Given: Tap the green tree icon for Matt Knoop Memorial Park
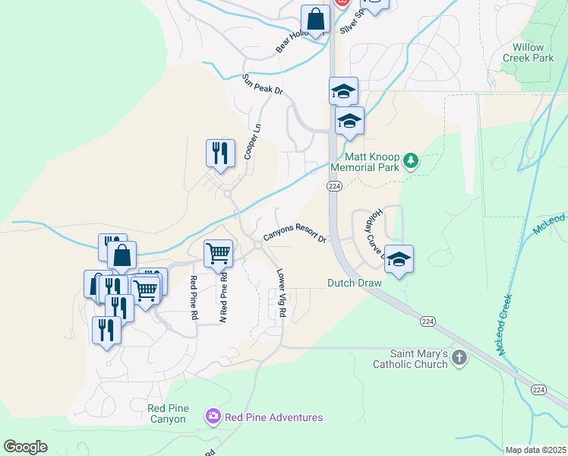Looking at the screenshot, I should click(411, 160).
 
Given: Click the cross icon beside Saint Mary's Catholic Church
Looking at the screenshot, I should click(459, 358).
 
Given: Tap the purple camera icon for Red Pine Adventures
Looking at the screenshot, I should click(213, 416).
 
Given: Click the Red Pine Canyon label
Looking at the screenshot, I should click(167, 413).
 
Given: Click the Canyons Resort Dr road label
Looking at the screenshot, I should click(295, 233).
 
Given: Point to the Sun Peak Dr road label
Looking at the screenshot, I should click(262, 84).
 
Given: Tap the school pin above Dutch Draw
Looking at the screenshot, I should click(399, 259).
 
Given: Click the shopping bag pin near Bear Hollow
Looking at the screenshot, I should click(315, 19).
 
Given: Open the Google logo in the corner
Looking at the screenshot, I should click(26, 447).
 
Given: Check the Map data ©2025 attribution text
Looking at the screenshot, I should click(535, 450).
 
